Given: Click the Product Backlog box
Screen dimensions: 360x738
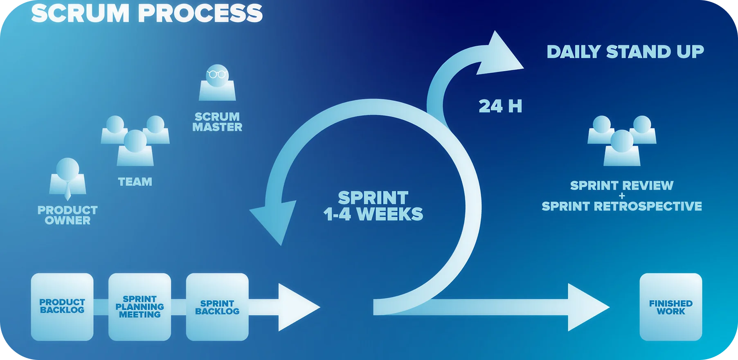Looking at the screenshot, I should (62, 307).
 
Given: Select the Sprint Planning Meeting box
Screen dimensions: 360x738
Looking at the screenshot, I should (139, 307).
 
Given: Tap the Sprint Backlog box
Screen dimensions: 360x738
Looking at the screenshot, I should (217, 307).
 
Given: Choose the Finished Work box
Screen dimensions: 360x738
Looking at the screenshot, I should (670, 307).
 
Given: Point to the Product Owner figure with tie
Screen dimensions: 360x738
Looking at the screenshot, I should (67, 178).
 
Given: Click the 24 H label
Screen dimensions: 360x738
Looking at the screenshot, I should (500, 106).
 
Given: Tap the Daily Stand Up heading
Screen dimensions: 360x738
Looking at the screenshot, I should (625, 52).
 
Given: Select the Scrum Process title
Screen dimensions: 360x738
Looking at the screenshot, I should (147, 13).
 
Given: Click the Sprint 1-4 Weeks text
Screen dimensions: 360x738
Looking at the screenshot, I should (373, 206).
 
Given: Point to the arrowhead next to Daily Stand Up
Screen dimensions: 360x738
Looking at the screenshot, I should (502, 55).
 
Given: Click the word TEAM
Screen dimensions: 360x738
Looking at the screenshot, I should (135, 182).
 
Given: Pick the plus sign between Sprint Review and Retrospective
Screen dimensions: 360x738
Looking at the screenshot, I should (622, 196).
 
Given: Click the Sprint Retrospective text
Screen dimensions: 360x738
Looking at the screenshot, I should (622, 206).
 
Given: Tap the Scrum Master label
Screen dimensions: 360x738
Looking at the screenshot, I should (217, 122).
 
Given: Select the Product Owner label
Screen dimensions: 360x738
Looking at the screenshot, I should (67, 215).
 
